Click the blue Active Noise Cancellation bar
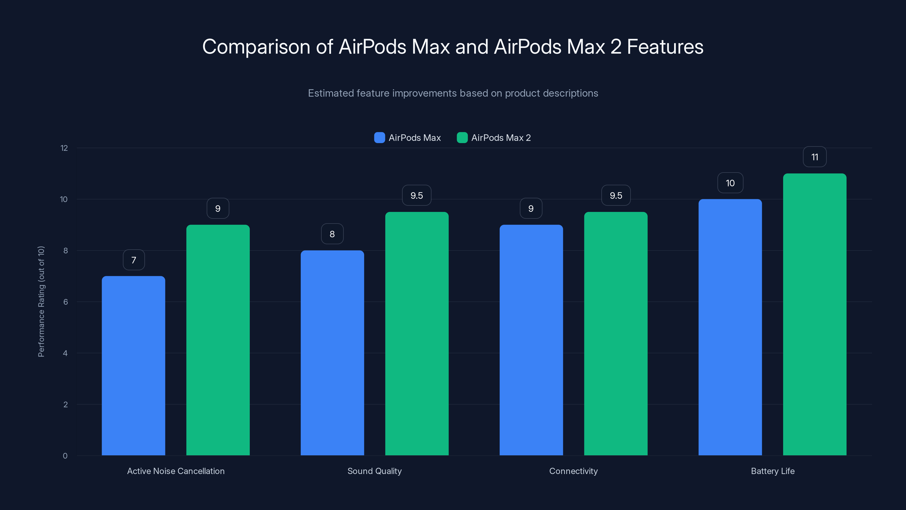(x=133, y=366)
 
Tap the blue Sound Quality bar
(x=332, y=353)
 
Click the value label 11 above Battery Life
(x=815, y=157)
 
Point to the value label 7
(x=134, y=260)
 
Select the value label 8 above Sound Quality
(x=332, y=234)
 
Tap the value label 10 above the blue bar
(x=730, y=183)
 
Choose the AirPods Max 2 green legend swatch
(x=462, y=138)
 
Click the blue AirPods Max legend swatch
(x=379, y=138)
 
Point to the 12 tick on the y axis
(x=64, y=148)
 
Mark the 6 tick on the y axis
(x=65, y=302)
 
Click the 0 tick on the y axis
(x=65, y=456)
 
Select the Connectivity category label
(x=573, y=471)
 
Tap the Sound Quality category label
(x=374, y=471)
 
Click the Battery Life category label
(x=772, y=471)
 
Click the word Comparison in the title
(x=256, y=46)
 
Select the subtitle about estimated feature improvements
(x=453, y=93)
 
